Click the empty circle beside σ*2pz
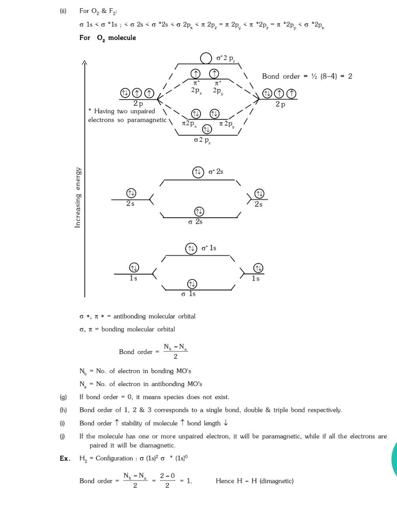tap(206, 58)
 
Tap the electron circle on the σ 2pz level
tap(207, 129)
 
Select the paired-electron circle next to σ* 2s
tap(197, 172)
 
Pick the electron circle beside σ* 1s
tap(191, 248)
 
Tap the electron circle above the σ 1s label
tap(192, 284)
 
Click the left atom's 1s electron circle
tap(134, 268)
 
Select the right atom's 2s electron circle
tap(259, 194)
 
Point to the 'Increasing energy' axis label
tap(78, 197)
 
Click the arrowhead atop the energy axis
tap(84, 62)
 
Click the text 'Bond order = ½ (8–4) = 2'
tap(307, 76)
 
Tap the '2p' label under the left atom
tap(138, 103)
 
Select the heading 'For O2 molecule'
tap(108, 38)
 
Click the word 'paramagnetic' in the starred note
tap(147, 120)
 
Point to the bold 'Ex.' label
tap(65, 458)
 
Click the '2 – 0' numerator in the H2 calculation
tap(167, 476)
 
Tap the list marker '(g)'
tap(63, 397)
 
